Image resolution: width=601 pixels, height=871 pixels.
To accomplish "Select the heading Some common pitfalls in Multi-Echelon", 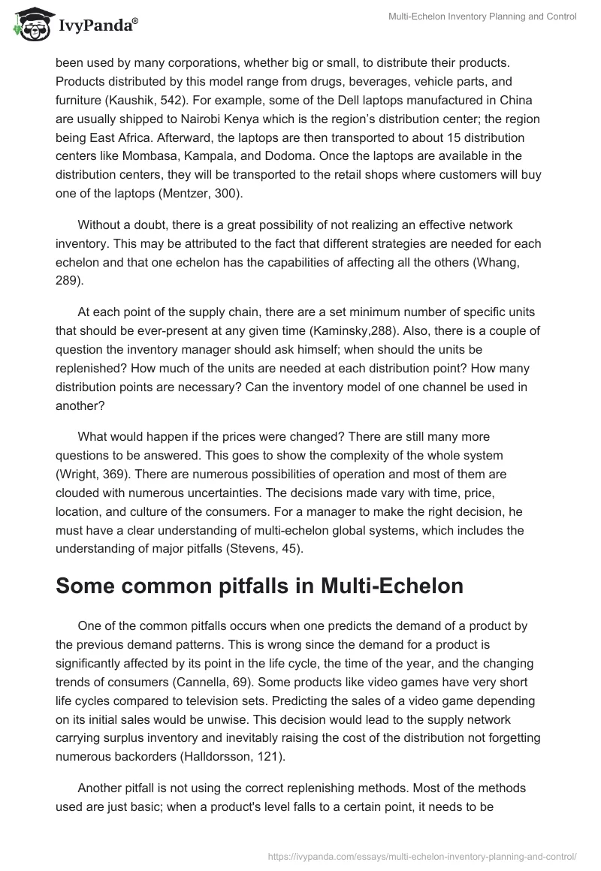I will (259, 586).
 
